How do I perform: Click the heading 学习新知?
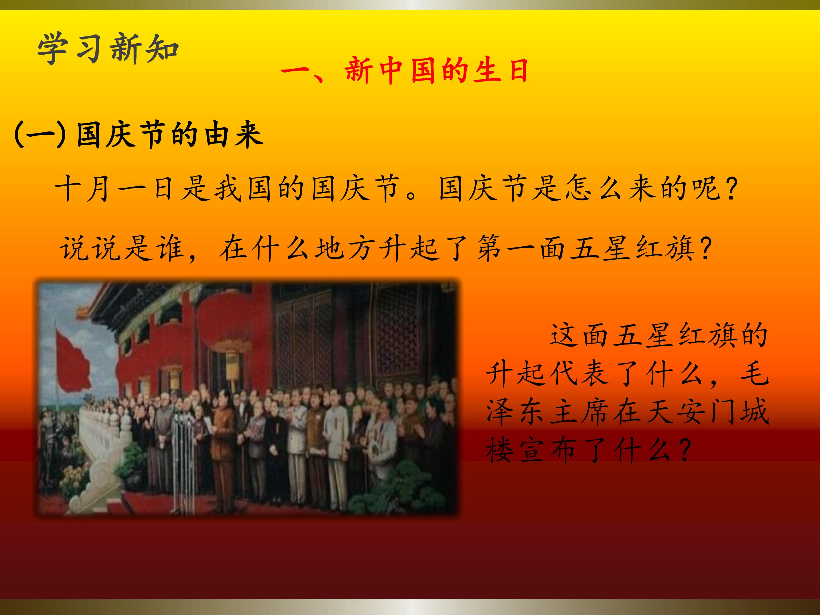tap(108, 49)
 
